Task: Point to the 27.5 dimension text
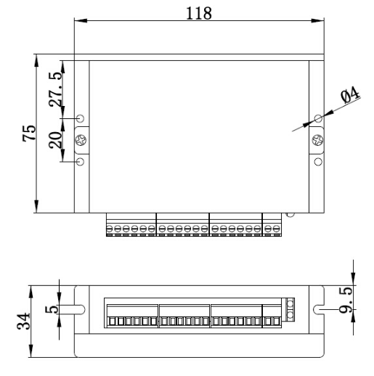point(54,88)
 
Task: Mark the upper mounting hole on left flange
point(81,118)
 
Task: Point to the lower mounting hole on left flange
point(81,161)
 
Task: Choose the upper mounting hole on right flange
point(317,118)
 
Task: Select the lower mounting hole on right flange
point(317,161)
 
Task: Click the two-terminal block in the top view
point(272,226)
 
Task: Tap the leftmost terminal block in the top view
point(131,226)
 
